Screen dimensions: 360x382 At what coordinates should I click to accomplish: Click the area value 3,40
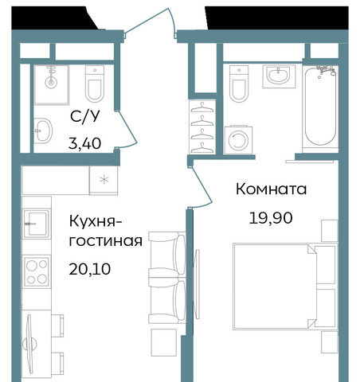84,143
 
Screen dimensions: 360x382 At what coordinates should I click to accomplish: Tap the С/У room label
85,116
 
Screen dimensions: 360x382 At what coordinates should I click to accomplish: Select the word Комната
271,189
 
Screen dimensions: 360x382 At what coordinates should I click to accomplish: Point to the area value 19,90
271,218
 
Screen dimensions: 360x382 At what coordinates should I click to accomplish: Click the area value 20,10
90,269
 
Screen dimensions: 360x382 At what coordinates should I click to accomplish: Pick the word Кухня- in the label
96,221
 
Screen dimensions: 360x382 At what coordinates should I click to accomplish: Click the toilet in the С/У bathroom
95,84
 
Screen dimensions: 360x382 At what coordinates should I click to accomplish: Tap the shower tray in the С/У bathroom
52,84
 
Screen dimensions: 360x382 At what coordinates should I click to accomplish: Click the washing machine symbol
238,140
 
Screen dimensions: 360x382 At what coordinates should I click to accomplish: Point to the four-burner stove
37,271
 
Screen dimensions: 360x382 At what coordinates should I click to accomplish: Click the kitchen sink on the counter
36,224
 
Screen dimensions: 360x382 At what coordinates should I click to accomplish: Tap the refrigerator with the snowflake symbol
104,180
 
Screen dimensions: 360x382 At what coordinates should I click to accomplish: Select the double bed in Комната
285,286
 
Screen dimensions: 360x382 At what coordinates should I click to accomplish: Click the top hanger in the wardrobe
202,107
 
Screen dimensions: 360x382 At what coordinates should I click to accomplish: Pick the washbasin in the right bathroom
279,76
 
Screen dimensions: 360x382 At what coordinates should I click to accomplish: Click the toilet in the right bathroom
239,84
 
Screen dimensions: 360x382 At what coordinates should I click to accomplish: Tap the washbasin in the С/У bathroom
43,131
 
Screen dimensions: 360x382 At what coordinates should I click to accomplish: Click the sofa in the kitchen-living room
167,278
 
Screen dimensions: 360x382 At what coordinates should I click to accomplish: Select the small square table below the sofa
164,342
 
